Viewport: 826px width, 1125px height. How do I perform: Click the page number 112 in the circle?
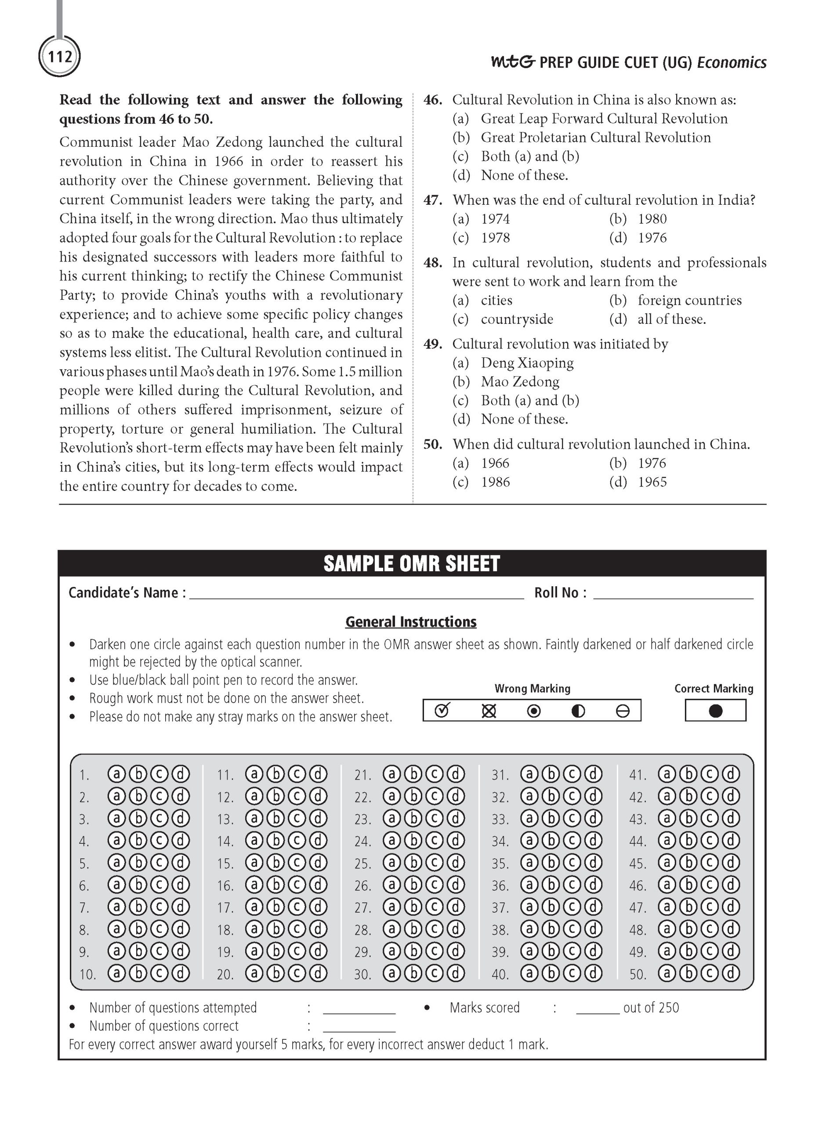click(x=59, y=57)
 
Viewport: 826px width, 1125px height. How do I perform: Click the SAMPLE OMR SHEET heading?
click(x=412, y=563)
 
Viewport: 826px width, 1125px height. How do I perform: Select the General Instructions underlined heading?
click(x=410, y=621)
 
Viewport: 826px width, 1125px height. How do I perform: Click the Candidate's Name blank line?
click(x=356, y=594)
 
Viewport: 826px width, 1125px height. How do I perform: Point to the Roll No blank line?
click(x=673, y=594)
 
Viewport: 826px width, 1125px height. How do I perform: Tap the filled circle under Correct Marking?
click(x=715, y=711)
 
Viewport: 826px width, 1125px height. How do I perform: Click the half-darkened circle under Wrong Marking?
click(x=578, y=711)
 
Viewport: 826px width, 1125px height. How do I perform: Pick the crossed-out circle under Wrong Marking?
click(x=489, y=711)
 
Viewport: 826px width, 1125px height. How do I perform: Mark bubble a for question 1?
click(x=116, y=774)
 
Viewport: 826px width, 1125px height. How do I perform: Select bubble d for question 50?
click(x=731, y=973)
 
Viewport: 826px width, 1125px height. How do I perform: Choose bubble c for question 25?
click(x=434, y=862)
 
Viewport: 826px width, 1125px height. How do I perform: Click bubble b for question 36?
click(x=551, y=885)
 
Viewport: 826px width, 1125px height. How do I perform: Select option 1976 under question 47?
click(x=652, y=238)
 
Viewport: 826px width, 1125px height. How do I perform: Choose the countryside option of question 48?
click(x=517, y=319)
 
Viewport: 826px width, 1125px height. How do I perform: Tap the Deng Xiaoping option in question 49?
click(x=527, y=363)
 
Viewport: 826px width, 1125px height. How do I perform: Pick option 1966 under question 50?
click(x=495, y=464)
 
